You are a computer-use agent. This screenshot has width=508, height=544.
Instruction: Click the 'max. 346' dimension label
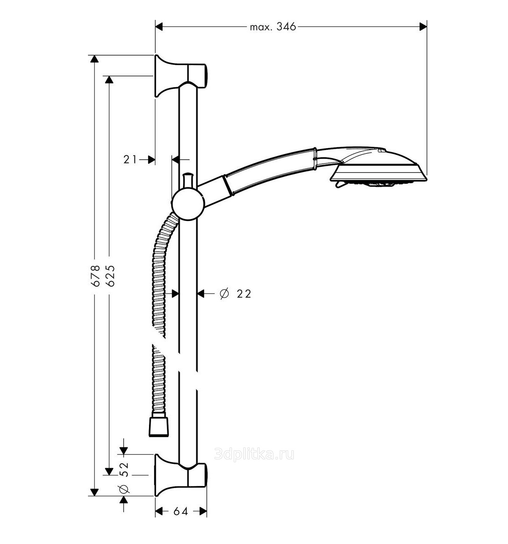tap(273, 27)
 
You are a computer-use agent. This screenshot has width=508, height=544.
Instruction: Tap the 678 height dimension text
tap(95, 276)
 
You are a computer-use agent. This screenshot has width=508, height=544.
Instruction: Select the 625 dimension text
tap(110, 276)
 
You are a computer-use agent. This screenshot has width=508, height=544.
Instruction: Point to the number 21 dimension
tap(130, 159)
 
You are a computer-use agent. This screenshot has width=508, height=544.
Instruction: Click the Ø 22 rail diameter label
tap(235, 294)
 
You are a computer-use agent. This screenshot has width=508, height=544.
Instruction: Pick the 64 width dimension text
tap(181, 511)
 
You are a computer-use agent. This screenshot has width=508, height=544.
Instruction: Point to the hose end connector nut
tap(159, 427)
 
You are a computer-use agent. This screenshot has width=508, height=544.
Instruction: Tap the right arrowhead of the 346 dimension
tap(423, 27)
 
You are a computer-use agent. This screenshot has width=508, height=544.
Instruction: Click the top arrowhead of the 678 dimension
tap(94, 59)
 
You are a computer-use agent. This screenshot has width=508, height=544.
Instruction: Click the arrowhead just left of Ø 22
tap(201, 294)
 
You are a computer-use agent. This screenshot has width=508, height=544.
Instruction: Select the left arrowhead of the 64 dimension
tap(159, 511)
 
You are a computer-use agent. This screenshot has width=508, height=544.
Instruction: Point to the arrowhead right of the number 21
tap(151, 159)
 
